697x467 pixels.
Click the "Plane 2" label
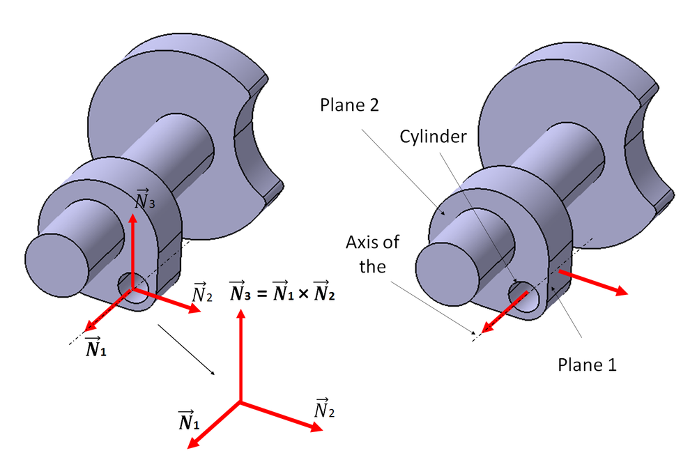tap(353, 105)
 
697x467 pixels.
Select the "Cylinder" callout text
tap(432, 137)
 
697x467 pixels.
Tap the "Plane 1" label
tap(588, 364)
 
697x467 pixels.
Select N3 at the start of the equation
tap(240, 293)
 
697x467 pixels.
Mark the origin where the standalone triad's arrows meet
tap(240, 401)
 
